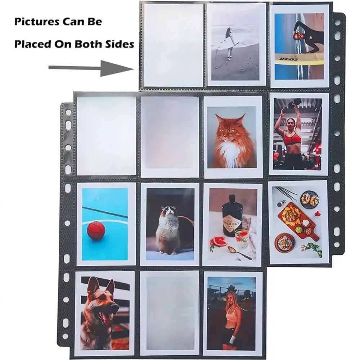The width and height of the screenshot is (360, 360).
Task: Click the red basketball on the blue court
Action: click(96, 230)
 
